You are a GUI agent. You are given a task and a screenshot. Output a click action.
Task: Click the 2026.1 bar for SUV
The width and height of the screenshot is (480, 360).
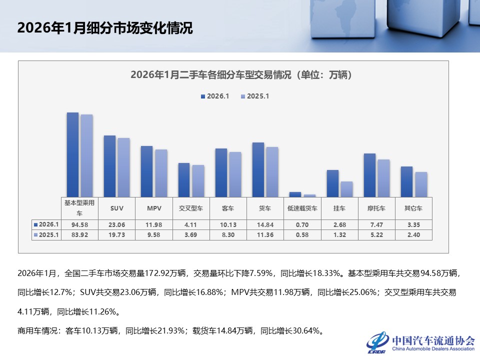pyautogui.click(x=109, y=166)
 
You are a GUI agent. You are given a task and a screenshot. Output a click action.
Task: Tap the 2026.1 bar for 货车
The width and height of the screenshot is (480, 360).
pyautogui.click(x=258, y=169)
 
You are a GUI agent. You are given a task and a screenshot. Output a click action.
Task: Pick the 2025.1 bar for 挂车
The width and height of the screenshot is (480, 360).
pyautogui.click(x=346, y=189)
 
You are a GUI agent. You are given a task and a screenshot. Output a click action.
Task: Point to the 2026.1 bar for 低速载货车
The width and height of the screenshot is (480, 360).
pyautogui.click(x=295, y=194)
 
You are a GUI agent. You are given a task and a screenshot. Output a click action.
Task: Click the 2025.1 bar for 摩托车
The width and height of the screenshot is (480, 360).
pyautogui.click(x=383, y=178)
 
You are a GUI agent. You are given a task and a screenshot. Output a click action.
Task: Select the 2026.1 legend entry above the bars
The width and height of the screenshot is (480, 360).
pyautogui.click(x=214, y=96)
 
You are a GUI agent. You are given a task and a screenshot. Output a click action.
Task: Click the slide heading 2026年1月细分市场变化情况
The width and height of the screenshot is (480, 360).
pyautogui.click(x=105, y=27)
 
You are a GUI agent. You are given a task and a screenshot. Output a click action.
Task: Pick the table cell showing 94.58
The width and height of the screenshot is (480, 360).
pyautogui.click(x=80, y=224)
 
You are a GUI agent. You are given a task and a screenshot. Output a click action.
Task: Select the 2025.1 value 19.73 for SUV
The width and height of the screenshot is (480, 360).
pyautogui.click(x=117, y=235)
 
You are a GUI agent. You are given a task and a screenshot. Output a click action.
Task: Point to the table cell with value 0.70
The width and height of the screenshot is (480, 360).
pyautogui.click(x=302, y=224)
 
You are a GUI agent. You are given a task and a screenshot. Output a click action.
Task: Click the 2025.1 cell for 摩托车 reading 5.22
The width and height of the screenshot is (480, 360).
pyautogui.click(x=376, y=235)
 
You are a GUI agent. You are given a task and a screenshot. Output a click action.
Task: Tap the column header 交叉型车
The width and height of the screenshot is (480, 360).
pyautogui.click(x=191, y=208)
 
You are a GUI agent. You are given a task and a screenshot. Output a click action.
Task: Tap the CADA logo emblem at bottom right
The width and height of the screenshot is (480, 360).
pyautogui.click(x=377, y=341)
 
